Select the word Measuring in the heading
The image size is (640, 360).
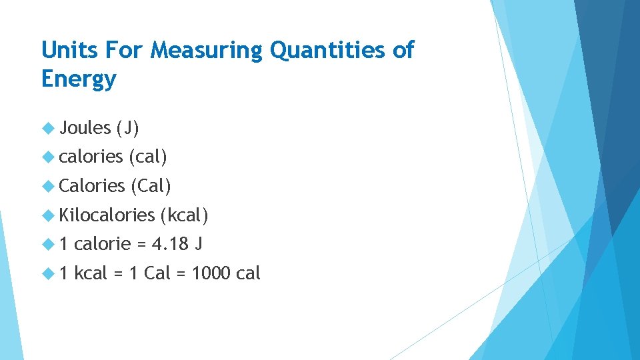pos(207,50)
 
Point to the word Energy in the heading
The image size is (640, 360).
pos(79,79)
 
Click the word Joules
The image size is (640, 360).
pos(85,128)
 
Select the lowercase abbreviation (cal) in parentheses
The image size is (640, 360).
pos(147,157)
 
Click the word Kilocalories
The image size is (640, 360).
pos(107,215)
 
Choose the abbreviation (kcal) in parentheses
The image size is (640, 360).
pos(185,215)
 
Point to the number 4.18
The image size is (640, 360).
pos(170,245)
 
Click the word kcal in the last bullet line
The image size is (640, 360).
pos(91,273)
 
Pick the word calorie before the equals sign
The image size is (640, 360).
pos(103,245)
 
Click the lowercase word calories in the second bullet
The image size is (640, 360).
pos(91,157)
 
